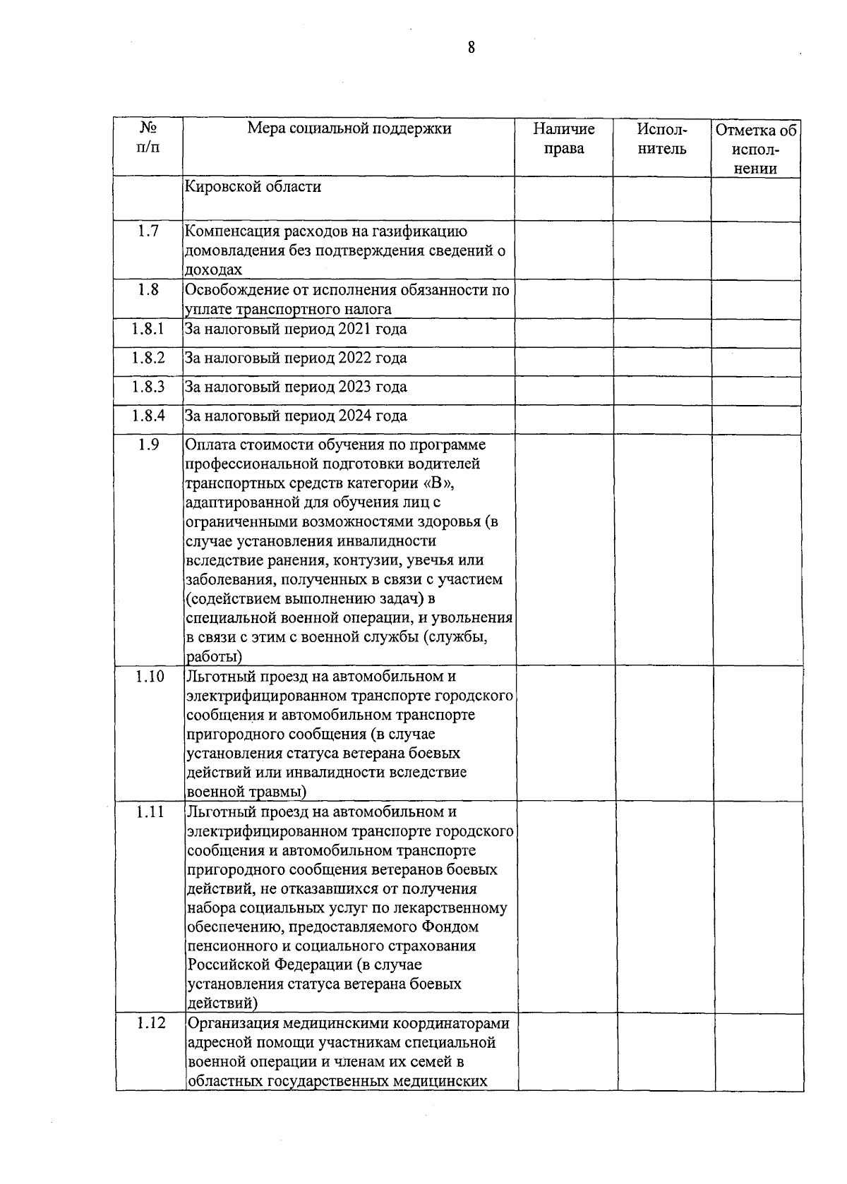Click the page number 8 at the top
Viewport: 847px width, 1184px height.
point(471,48)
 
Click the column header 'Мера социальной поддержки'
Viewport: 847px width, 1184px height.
point(349,129)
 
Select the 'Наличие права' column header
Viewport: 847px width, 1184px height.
point(563,138)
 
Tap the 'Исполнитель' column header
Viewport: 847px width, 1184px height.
point(661,138)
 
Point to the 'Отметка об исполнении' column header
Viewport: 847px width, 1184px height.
point(755,149)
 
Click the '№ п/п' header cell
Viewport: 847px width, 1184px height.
point(148,138)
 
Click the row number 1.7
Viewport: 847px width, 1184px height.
point(148,231)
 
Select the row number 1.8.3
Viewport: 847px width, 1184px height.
point(148,387)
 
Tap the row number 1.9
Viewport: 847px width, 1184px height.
point(148,445)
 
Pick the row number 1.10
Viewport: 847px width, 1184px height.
point(150,677)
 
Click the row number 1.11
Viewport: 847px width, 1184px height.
point(150,812)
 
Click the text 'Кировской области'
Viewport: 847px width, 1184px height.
point(253,187)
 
